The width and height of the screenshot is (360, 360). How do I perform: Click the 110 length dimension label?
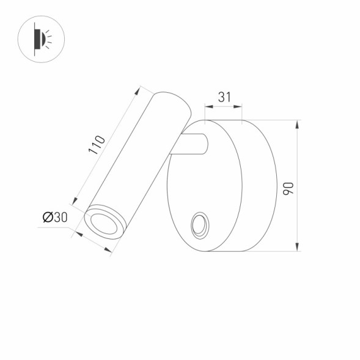click(x=97, y=145)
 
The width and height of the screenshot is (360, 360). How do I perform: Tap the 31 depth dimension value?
click(x=224, y=97)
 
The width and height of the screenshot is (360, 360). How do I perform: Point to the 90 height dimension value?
click(x=289, y=187)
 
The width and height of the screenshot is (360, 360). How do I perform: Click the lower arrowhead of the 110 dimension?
click(x=76, y=200)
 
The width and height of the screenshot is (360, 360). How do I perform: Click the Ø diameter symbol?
click(x=48, y=217)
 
